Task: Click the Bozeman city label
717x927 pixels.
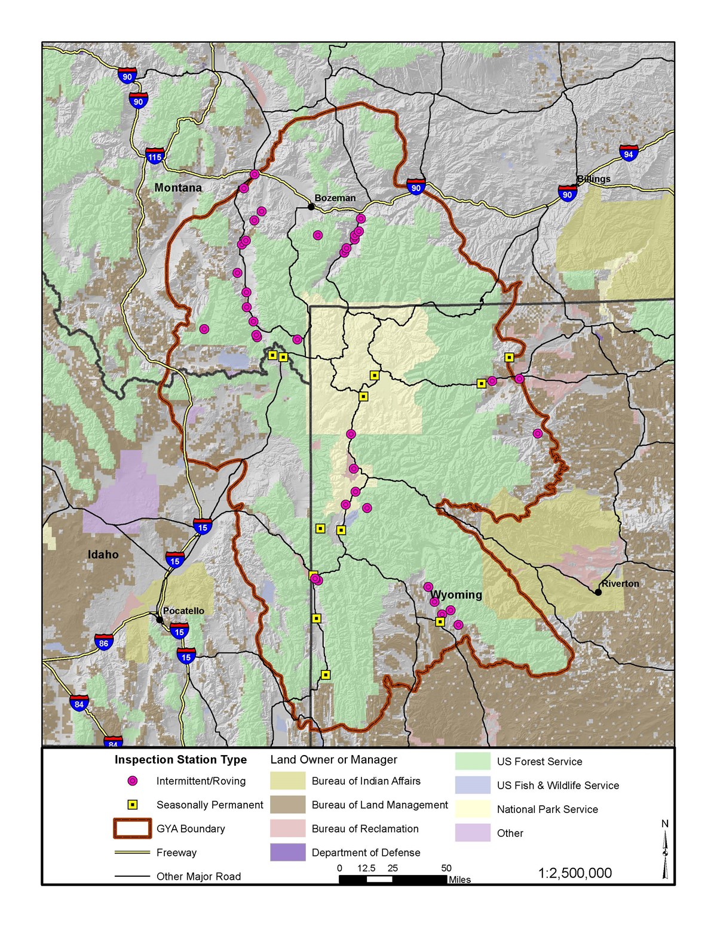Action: click(335, 198)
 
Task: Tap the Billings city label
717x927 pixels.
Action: click(593, 178)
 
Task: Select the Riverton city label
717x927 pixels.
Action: click(620, 583)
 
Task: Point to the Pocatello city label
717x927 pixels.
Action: click(183, 611)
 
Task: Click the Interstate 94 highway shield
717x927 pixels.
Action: click(628, 153)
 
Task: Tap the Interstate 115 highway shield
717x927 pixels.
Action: click(155, 157)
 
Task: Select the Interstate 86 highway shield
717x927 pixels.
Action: click(104, 643)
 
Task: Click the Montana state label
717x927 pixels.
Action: click(178, 187)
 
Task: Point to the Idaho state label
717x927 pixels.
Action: click(103, 555)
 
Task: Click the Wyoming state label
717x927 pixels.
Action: click(456, 595)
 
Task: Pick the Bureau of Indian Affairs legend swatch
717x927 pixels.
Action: click(287, 781)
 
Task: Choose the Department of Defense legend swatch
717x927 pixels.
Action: click(287, 852)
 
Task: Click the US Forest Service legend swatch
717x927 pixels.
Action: click(473, 761)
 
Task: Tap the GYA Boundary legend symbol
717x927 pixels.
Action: click(132, 829)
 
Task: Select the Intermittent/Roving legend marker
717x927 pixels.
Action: click(133, 781)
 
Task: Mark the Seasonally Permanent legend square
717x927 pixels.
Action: click(133, 805)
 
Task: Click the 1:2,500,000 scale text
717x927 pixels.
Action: click(575, 873)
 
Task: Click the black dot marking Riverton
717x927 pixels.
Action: click(598, 592)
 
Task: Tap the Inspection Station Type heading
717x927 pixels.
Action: click(180, 759)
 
